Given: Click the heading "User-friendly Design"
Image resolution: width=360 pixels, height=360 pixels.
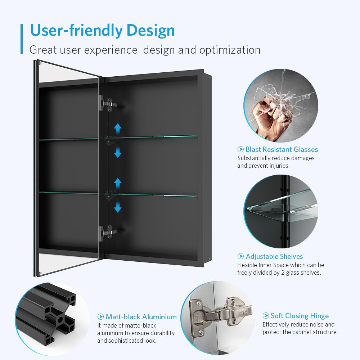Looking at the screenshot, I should point(102,30).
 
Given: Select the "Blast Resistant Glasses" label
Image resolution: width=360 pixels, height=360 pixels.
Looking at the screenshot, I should point(282,149).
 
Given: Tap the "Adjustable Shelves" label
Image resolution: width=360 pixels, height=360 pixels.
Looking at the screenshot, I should point(274,256).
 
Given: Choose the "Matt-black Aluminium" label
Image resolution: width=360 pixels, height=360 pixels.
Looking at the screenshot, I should point(141,317).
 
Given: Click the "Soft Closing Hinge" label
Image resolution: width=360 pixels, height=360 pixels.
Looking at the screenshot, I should point(300,316).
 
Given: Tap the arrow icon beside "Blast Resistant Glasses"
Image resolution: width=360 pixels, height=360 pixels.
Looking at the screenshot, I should point(240,149).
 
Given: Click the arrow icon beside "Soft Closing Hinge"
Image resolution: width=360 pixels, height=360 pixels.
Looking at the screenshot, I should point(266,316).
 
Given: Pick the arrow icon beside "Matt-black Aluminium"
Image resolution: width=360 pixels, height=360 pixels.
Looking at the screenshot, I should point(101,317).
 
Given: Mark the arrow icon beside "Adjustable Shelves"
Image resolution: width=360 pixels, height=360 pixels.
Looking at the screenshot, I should point(240,256).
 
